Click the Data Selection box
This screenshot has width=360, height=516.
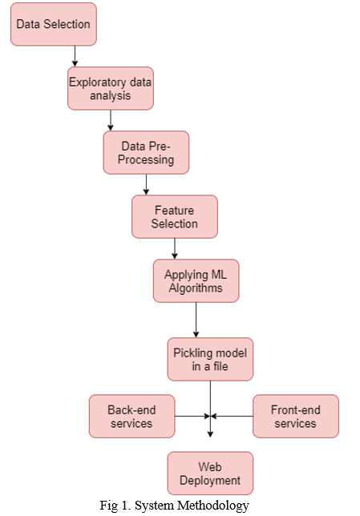[x=54, y=24]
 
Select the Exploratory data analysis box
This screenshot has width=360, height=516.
[x=111, y=88]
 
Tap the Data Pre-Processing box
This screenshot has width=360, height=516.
[x=146, y=152]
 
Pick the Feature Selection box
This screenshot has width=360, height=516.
[x=175, y=216]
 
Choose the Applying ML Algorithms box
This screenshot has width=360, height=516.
[x=196, y=280]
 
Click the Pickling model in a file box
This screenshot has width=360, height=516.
[x=210, y=359]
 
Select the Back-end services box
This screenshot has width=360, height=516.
[x=131, y=417]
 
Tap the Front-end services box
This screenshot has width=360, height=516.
[x=296, y=417]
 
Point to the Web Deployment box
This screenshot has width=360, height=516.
[x=210, y=474]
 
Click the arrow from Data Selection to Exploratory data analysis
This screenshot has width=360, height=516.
[x=75, y=56]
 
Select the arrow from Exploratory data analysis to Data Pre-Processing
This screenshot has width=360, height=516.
[x=111, y=120]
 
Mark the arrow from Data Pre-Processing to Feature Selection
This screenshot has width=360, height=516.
[x=146, y=184]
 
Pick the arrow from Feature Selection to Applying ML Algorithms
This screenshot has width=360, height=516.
[x=175, y=248]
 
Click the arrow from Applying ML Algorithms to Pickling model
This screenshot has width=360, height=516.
[x=196, y=320]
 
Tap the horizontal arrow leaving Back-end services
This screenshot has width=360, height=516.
[x=192, y=417]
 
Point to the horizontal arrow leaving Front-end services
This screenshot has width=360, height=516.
[x=232, y=417]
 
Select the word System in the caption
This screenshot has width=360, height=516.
[x=155, y=506]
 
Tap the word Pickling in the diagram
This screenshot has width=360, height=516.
[x=192, y=353]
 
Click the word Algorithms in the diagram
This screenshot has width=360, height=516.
[x=196, y=288]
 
